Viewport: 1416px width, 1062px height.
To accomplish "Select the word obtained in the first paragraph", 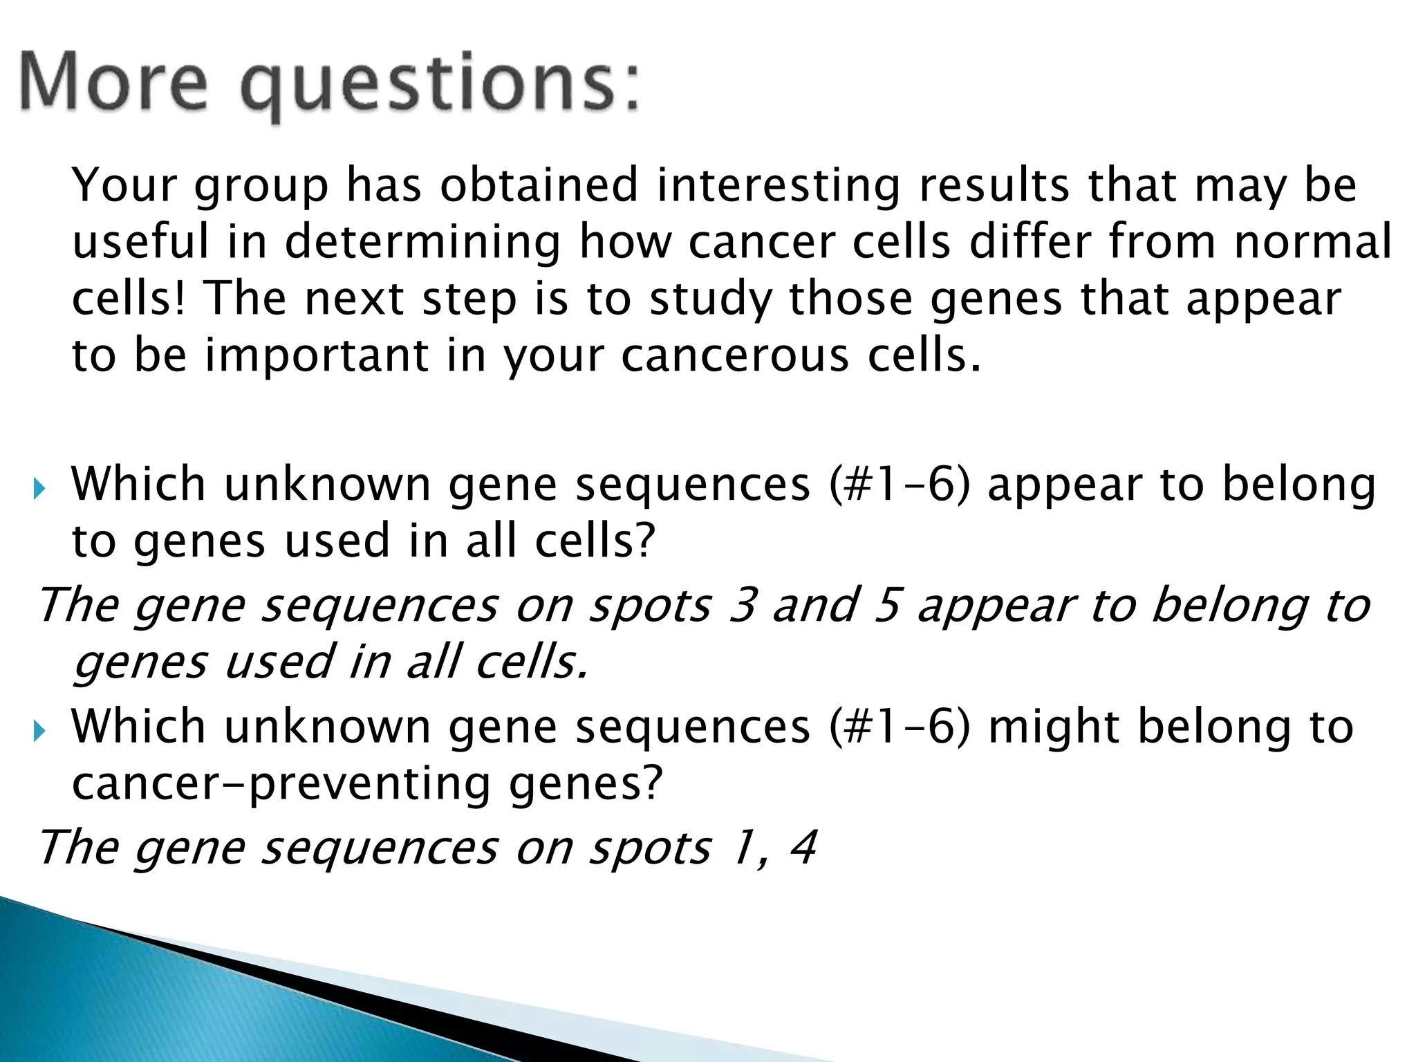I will coord(539,185).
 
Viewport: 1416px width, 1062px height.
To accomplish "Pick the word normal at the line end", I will coord(1313,242).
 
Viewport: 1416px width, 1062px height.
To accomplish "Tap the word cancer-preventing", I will coord(281,785).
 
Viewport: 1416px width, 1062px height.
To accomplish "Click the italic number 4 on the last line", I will coord(803,848).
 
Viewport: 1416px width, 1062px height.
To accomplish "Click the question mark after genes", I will coord(651,783).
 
